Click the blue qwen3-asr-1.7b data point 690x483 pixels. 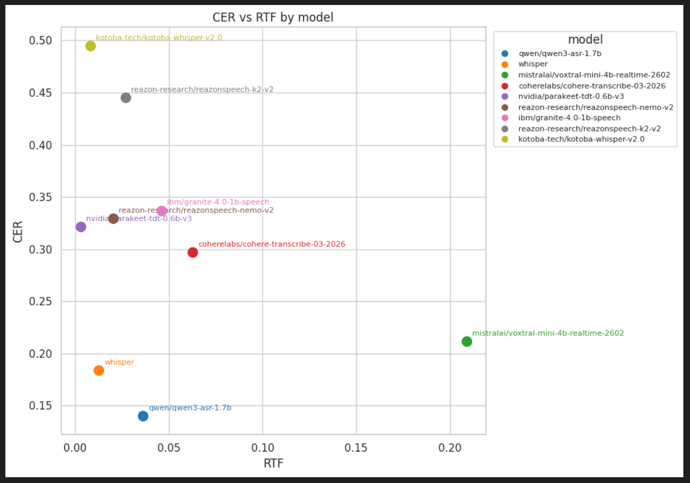click(x=143, y=416)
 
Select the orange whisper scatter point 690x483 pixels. click(x=99, y=370)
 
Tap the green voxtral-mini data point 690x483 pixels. click(x=467, y=341)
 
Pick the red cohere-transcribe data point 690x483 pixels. click(x=193, y=252)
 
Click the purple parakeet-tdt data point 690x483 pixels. click(x=81, y=227)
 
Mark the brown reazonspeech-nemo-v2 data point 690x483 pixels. click(x=113, y=218)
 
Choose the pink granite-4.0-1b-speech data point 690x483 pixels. click(x=162, y=211)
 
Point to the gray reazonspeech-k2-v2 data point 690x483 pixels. click(x=126, y=98)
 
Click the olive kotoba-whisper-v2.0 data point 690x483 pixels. click(x=91, y=46)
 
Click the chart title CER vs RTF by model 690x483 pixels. click(x=273, y=17)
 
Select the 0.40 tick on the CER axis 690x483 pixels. click(x=41, y=145)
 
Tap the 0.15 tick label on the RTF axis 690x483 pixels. click(x=356, y=448)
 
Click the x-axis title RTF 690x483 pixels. click(x=273, y=463)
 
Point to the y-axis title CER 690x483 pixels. click(x=18, y=232)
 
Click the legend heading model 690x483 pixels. click(x=585, y=40)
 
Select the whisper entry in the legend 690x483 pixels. click(x=533, y=64)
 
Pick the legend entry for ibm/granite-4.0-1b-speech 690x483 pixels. click(x=569, y=118)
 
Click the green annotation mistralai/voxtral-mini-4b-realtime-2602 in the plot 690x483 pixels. click(x=548, y=333)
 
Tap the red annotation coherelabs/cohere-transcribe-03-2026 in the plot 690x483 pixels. click(x=272, y=244)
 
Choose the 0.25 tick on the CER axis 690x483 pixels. click(x=41, y=302)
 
